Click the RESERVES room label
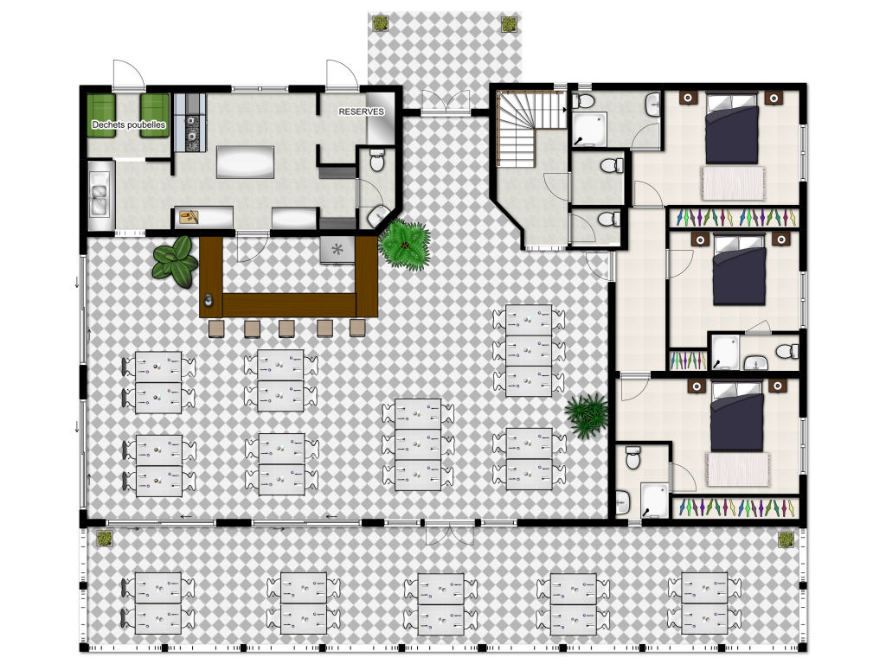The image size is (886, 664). coord(361,112)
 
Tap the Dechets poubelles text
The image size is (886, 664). coord(129,124)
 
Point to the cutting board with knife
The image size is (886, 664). coord(189,216)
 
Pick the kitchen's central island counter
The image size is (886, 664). coord(245,162)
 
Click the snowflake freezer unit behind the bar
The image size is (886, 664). coord(337,250)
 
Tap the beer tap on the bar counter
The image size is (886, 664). coord(209,300)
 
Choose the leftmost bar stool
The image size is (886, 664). coord(216,329)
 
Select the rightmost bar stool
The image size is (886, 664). coord(357,328)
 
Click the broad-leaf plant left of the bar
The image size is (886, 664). coord(175,261)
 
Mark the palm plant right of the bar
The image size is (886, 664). coord(405,245)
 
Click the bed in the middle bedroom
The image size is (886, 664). coord(739,270)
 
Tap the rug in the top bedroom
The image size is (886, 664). coord(733,183)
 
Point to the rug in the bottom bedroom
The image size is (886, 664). coord(739,469)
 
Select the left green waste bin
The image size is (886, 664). coord(102,115)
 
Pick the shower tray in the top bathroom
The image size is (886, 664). coord(589,130)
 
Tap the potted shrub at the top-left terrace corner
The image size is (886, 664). coord(380,23)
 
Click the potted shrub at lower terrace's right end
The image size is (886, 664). coord(786,539)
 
